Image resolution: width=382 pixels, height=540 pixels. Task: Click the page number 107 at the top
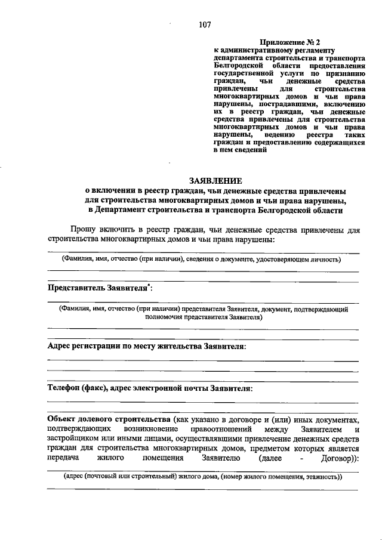point(205,24)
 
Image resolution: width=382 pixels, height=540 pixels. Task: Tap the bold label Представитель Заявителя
point(97,288)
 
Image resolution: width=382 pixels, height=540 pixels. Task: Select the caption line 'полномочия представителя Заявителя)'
point(204,318)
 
